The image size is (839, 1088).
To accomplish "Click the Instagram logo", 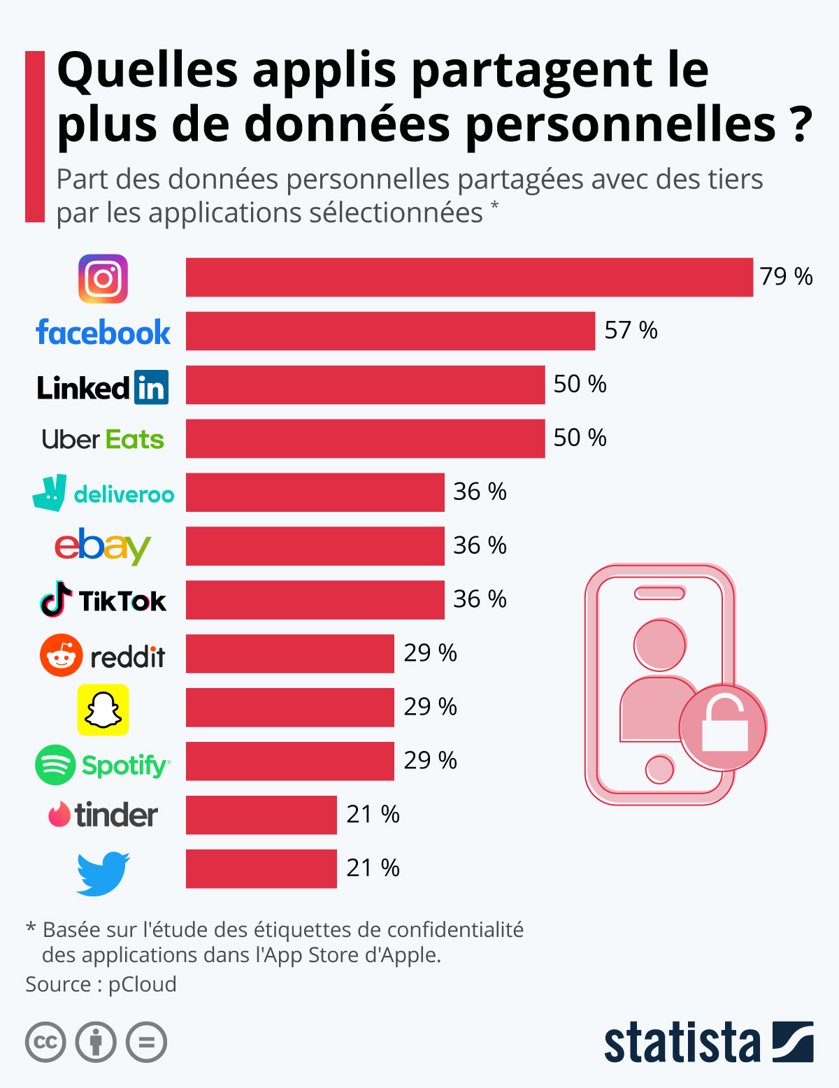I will click(103, 278).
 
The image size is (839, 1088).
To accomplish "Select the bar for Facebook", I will click(390, 331).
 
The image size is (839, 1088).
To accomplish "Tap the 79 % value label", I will click(786, 277).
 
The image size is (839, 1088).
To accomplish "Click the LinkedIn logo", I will click(103, 387).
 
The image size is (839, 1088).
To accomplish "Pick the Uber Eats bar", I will click(365, 438).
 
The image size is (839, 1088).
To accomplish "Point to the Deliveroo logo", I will click(103, 493).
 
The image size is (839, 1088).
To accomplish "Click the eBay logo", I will click(103, 546).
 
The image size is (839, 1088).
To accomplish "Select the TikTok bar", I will click(315, 600).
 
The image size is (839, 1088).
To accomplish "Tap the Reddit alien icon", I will click(62, 655).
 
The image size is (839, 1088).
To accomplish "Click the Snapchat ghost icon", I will click(103, 710).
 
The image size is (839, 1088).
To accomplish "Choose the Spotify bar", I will click(289, 761).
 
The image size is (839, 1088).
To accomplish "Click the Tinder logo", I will click(103, 815).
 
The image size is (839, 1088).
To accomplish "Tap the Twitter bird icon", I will click(103, 873).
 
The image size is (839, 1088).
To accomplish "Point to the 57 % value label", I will click(631, 330).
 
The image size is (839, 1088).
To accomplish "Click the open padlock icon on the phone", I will click(724, 726).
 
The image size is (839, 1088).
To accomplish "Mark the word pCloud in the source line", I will click(142, 984).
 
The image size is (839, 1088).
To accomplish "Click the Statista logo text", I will click(682, 1043).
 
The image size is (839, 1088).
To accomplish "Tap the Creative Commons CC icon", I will click(45, 1042).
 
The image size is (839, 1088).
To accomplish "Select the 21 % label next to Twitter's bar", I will click(373, 868).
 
